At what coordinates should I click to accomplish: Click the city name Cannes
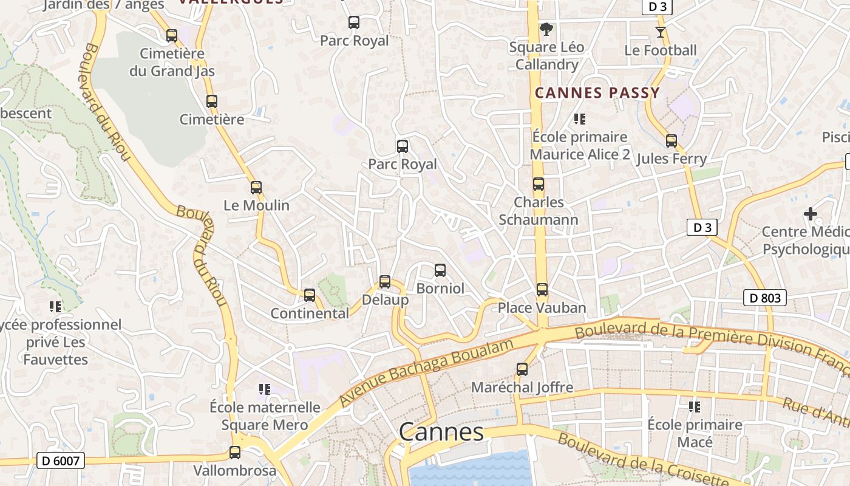[x=441, y=432]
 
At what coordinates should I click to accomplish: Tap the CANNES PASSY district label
[x=597, y=93]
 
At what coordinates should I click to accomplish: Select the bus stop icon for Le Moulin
[x=256, y=188]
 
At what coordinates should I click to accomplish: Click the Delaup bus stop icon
[x=385, y=282]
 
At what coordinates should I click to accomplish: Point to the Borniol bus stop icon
[x=440, y=270]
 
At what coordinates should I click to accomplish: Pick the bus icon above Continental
[x=310, y=295]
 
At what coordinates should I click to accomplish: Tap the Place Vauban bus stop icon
[x=542, y=290]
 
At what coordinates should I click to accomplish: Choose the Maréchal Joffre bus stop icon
[x=522, y=369]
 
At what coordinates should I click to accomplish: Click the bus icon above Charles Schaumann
[x=539, y=184]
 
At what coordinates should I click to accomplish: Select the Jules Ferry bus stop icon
[x=671, y=141]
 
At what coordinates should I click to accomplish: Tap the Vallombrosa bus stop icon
[x=235, y=453]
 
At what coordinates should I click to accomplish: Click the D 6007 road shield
[x=61, y=461]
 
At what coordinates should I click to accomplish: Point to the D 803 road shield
[x=765, y=298]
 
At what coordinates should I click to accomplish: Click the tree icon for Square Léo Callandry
[x=546, y=29]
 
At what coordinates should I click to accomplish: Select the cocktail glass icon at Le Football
[x=661, y=32]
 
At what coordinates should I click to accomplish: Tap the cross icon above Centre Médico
[x=811, y=214]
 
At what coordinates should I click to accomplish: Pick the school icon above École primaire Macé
[x=695, y=406]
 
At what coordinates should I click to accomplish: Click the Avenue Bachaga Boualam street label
[x=427, y=373]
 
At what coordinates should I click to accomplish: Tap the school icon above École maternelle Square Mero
[x=264, y=389]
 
